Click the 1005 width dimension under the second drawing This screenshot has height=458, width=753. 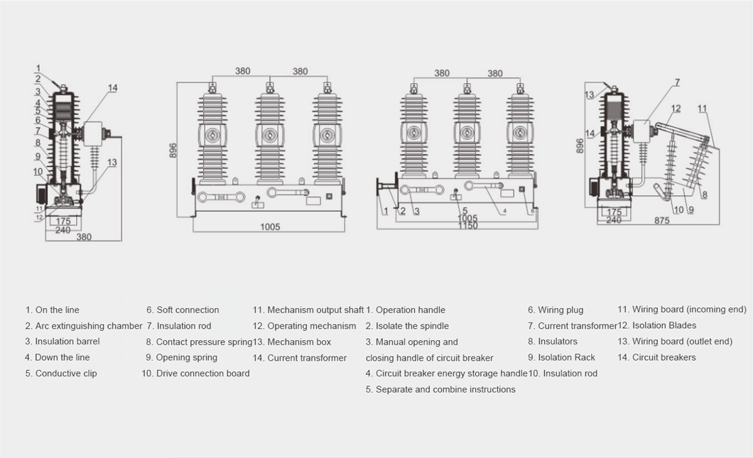pos(270,227)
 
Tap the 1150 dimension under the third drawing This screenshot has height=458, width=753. pos(467,226)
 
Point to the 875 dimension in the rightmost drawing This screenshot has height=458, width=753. pos(662,221)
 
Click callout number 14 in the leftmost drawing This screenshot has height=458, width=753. pos(113,88)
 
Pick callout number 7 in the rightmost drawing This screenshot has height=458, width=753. pos(677,82)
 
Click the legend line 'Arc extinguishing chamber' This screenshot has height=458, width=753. pos(84,326)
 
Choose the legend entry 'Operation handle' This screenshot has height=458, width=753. pos(405,310)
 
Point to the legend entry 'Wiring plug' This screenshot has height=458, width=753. pos(556,310)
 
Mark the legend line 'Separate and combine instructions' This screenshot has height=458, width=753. pos(440,390)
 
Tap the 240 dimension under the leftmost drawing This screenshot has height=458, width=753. pos(64,229)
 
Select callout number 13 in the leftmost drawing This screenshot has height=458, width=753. pos(112,163)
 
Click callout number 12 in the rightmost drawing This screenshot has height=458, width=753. pos(676,109)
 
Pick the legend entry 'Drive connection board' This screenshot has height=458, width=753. pos(195,374)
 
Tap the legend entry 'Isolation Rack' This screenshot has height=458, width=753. pos(561,358)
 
